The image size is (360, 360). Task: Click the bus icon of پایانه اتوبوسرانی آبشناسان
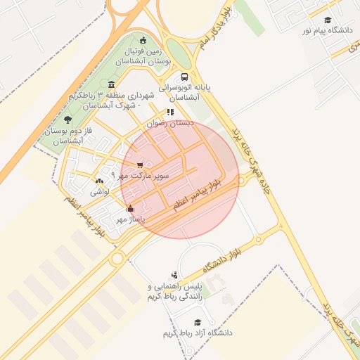coord(184,77)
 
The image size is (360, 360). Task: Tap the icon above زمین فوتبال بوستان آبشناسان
coord(144,39)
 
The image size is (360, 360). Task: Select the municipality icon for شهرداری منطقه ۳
coord(112,85)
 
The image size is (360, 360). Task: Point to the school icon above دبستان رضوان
coord(170,112)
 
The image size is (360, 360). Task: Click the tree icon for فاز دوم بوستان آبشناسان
coord(67,120)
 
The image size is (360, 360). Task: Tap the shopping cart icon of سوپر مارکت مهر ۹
coord(141,165)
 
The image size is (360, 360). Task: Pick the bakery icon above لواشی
coord(97,181)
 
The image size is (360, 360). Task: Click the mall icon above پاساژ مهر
coord(129,208)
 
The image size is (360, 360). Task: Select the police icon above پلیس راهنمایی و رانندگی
coord(174,275)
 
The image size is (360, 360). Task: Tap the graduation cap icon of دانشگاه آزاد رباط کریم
coord(197,321)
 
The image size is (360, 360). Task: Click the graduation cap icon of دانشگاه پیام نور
coord(328,20)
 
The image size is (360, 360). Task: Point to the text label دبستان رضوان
coord(168,122)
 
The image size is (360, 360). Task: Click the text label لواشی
coord(100,191)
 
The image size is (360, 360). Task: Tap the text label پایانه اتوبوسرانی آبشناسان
coord(184,94)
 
